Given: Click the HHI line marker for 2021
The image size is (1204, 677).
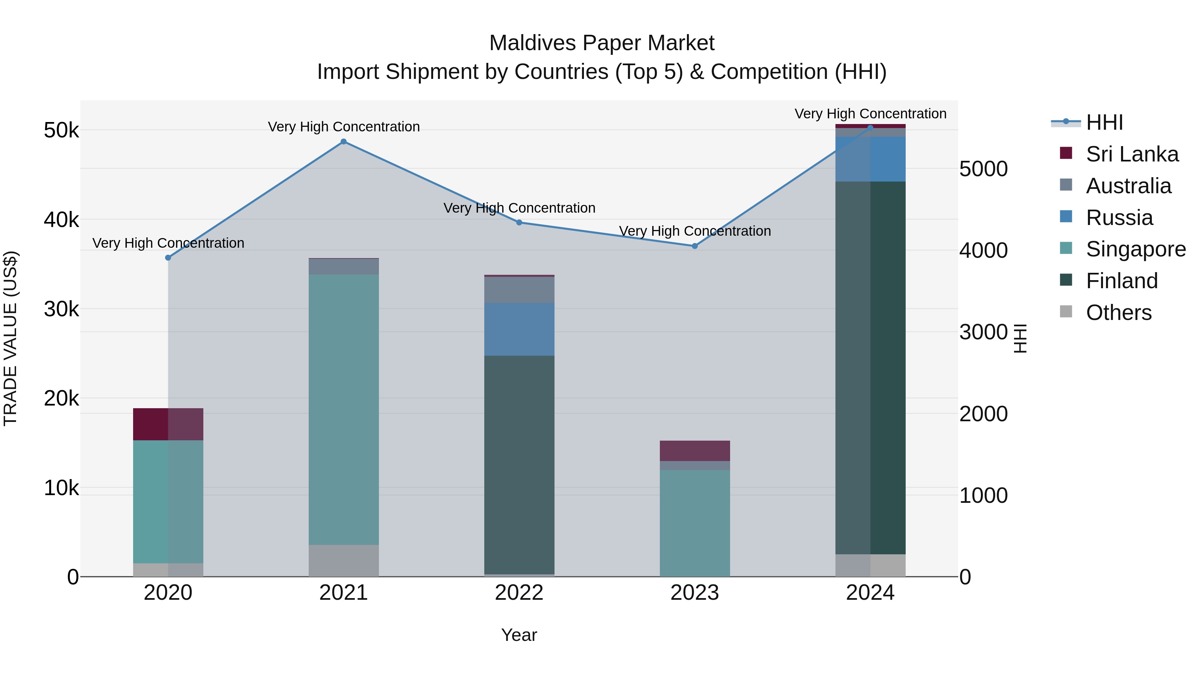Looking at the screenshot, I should coord(343,141).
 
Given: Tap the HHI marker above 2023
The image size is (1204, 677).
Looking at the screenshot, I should coord(695,246).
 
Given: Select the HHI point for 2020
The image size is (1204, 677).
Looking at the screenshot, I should coord(168,257).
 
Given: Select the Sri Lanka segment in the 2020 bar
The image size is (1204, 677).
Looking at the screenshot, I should coord(168,424).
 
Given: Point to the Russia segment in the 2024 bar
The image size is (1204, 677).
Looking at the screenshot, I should coord(870,159).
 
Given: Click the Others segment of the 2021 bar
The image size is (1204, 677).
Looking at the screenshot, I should coord(343,560).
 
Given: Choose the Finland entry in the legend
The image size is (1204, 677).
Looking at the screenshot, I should coord(1121,281).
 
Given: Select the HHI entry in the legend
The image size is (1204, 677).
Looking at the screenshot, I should coord(1104,122).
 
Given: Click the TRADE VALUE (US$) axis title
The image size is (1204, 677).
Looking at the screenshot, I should coord(10,338).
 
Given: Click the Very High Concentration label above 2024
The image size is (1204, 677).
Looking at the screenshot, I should coord(870,114).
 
